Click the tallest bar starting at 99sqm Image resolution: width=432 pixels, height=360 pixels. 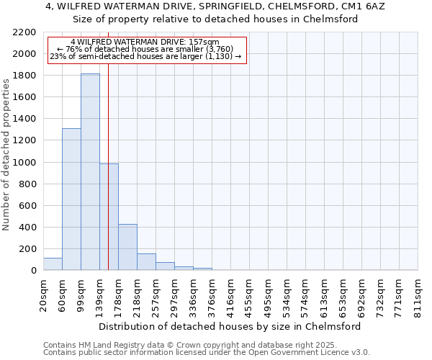click(x=90, y=172)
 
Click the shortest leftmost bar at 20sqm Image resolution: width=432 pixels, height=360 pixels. click(x=53, y=264)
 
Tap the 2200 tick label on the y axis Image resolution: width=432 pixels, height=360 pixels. click(x=25, y=32)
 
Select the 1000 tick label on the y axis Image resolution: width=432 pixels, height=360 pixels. click(x=25, y=163)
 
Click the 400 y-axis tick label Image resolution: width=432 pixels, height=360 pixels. click(x=28, y=228)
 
